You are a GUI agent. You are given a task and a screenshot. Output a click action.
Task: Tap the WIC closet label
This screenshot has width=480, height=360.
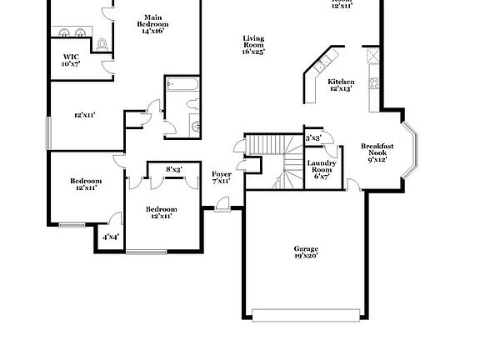71,61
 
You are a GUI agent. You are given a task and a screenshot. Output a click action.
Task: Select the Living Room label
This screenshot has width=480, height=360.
253,44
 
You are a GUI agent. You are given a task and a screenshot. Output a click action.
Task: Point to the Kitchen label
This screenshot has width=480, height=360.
340,84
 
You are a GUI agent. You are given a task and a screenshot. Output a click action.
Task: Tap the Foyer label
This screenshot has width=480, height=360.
221,176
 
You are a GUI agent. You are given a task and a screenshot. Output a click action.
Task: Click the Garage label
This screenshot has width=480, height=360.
306,252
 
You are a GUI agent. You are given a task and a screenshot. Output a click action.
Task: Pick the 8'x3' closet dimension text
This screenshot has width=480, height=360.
173,170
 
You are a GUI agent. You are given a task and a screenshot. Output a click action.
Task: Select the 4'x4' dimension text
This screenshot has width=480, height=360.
110,237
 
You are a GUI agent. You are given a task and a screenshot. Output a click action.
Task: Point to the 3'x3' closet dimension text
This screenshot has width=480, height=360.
313,138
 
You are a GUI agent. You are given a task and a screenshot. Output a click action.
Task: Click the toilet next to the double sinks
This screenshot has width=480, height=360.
102,42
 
